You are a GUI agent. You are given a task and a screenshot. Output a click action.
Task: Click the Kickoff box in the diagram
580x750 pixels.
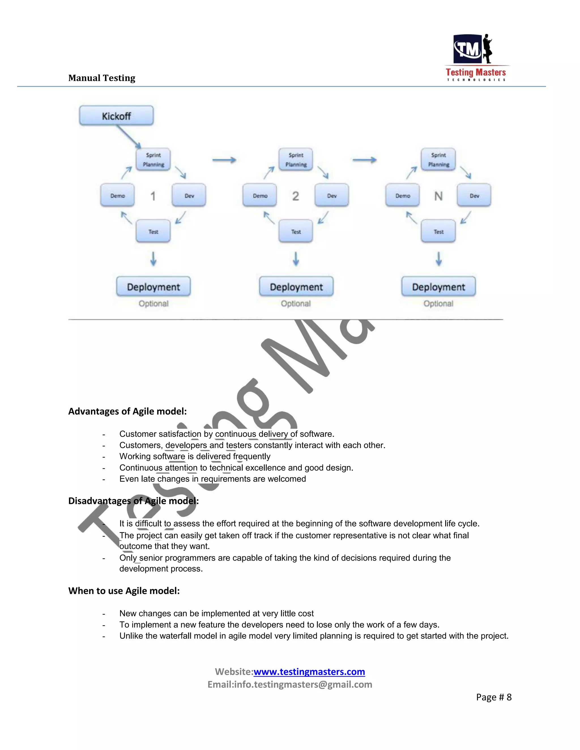click(116, 116)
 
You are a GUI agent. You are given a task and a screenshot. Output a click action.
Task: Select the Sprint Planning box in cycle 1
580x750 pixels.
click(153, 160)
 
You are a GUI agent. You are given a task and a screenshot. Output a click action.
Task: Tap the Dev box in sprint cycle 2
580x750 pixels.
click(332, 195)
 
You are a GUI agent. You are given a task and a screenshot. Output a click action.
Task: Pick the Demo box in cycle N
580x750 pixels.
click(402, 195)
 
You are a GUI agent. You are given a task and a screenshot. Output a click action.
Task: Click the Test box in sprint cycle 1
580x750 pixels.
click(153, 232)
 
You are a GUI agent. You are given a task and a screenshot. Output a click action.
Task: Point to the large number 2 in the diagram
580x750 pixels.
click(295, 196)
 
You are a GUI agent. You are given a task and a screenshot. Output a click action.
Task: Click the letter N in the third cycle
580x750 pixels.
click(438, 196)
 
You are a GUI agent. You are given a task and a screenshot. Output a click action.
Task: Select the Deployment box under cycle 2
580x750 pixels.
click(296, 287)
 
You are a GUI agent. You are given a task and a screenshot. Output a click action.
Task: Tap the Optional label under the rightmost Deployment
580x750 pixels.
click(438, 304)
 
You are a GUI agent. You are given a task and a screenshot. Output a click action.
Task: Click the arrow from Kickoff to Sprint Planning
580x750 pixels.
click(129, 137)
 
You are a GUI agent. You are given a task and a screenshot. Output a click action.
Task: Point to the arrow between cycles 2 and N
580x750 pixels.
click(364, 160)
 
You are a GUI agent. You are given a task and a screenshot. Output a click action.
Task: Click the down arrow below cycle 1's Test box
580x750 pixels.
click(153, 259)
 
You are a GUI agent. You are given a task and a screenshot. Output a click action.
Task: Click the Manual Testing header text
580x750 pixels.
click(102, 78)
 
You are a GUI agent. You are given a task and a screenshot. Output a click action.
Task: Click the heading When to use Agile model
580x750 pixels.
click(124, 591)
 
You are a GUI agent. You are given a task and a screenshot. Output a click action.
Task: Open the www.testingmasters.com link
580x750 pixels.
click(309, 672)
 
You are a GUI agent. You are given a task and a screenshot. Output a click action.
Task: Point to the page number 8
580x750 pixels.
click(509, 697)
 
